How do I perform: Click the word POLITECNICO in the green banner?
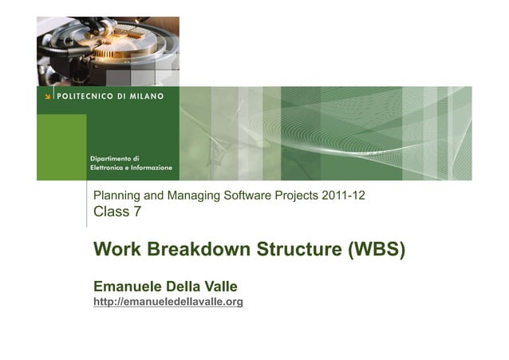(x=87, y=97)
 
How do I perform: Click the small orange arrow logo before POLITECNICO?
(x=48, y=97)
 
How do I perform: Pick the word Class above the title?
(x=110, y=212)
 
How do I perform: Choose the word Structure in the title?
(x=298, y=250)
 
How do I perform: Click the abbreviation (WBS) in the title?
(x=376, y=250)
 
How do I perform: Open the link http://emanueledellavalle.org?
(x=168, y=302)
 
